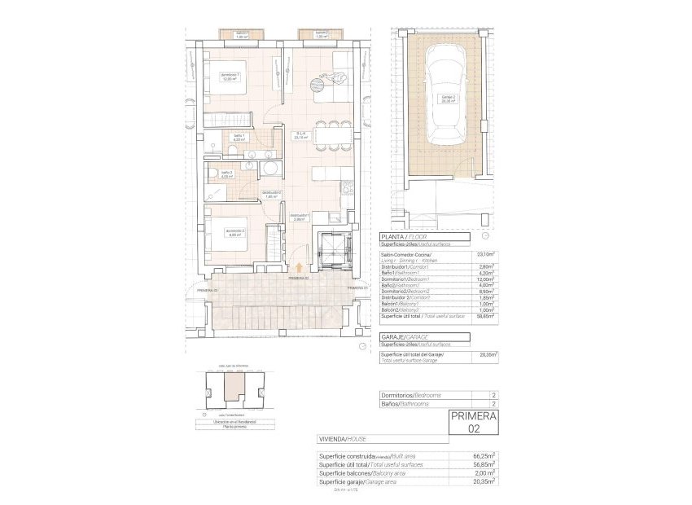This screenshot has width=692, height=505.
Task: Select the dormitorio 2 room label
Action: [234, 232]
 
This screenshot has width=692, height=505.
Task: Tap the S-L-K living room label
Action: [300, 136]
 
